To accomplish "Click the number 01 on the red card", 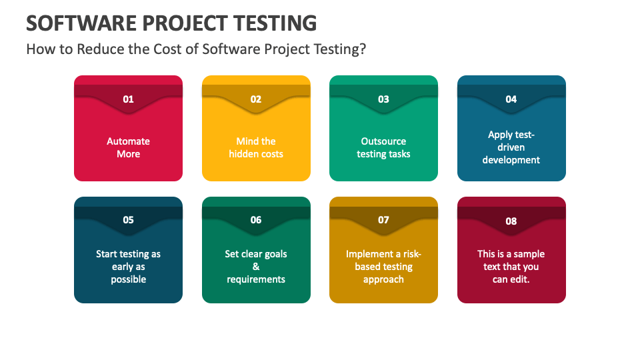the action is (128, 99).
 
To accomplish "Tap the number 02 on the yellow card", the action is (256, 99).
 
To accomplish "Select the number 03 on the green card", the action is (384, 99).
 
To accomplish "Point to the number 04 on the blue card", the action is (511, 99).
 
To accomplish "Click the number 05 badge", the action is (128, 220).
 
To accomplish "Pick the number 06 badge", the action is (256, 220).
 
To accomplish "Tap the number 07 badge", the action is (384, 220).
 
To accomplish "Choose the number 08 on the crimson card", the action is (511, 221).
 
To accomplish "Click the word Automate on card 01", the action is (128, 141).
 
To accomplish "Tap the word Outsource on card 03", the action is (384, 141).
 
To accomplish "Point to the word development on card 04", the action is (511, 160).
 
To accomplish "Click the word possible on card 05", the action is (128, 279).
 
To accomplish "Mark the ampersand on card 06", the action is (256, 267).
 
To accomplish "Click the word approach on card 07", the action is (384, 279).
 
